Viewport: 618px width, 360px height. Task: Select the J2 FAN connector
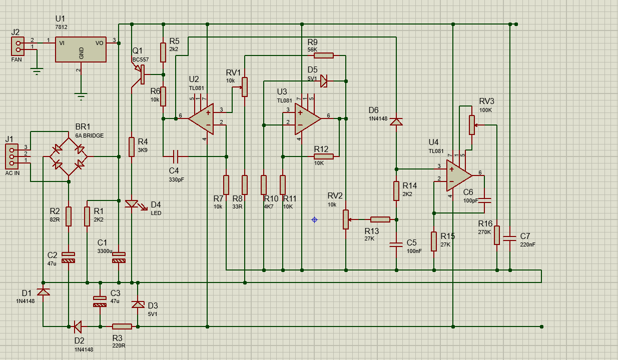[x=18, y=46]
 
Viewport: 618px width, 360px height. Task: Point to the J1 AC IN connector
[x=12, y=156]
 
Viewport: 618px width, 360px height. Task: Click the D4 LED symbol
[x=132, y=204]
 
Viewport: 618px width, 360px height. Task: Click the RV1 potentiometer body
[x=244, y=86]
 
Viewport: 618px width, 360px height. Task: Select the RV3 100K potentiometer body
[x=471, y=125]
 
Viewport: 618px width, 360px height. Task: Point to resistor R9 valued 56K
[x=324, y=55]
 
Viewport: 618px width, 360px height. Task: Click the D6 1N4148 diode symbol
[x=396, y=121]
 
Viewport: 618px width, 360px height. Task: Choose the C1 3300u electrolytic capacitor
[x=119, y=257]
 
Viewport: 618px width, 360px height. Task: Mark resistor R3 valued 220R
[x=122, y=326]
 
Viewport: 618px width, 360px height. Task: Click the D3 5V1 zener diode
[x=138, y=304]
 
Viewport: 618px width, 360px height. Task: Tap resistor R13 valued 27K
[x=380, y=219]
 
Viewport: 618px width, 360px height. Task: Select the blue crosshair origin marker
[x=314, y=219]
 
